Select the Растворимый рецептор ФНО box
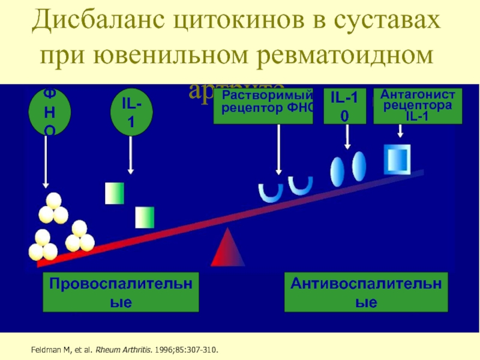tap(263, 106)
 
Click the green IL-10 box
tap(344, 106)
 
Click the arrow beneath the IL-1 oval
tap(131, 154)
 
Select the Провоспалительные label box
tap(121, 292)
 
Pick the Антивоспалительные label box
tap(365, 292)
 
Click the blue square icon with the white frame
tap(397, 158)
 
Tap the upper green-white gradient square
tap(114, 192)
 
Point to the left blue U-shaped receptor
tap(270, 191)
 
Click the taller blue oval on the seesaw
tap(358, 163)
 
